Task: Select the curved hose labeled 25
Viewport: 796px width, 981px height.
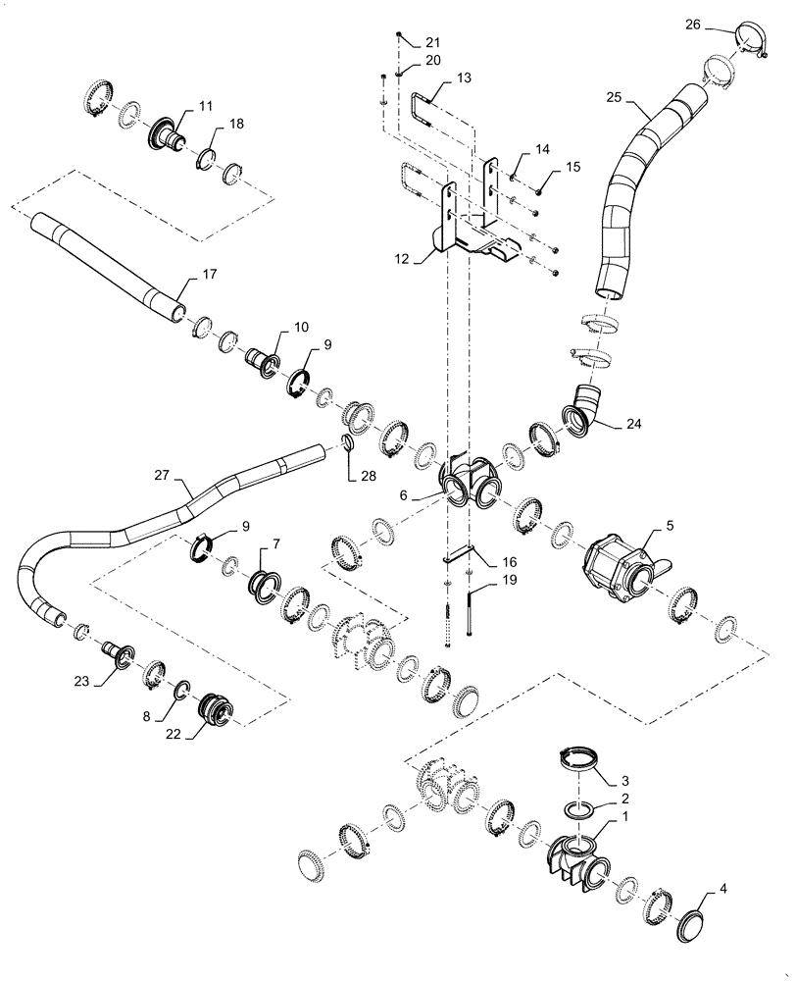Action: pos(637,186)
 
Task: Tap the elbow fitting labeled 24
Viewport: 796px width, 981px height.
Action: pos(584,410)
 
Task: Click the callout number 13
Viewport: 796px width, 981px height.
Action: pos(464,77)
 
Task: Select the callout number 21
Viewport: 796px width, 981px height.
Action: pos(433,42)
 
